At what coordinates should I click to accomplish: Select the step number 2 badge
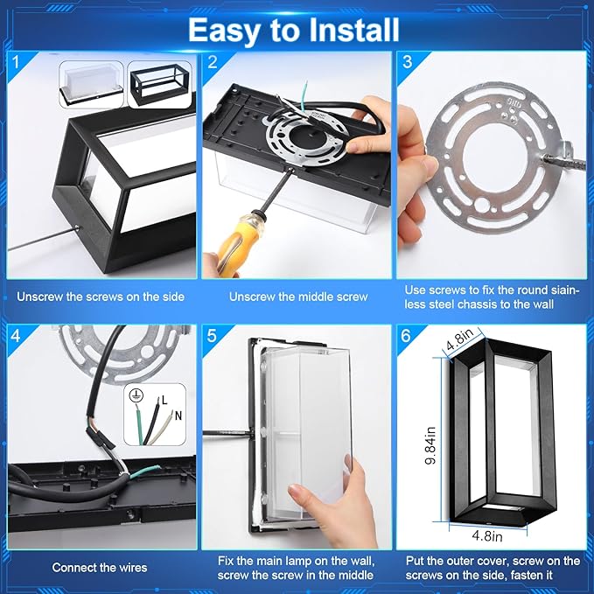(x=213, y=62)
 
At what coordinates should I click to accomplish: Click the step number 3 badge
(x=408, y=62)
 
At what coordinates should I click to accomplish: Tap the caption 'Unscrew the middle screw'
(x=298, y=297)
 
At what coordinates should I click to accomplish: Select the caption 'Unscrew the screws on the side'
(x=101, y=297)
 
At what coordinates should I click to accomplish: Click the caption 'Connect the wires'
(x=99, y=568)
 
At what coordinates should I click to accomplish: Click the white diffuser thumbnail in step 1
(x=92, y=85)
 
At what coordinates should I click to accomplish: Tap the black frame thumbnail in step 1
(x=160, y=86)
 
